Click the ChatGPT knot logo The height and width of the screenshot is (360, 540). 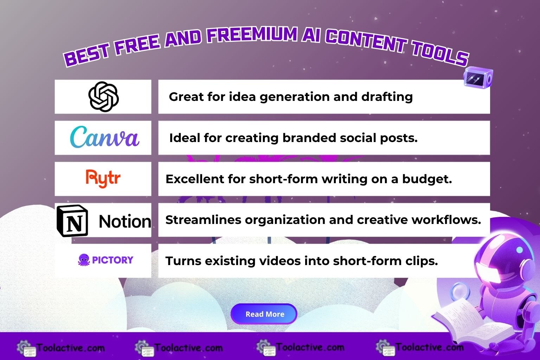coord(103,96)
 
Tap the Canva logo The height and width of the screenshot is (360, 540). coord(104,137)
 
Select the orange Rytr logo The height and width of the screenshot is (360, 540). coord(103,178)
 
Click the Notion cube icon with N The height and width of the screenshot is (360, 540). coord(72,220)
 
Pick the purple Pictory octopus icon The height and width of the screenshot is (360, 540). coord(84,260)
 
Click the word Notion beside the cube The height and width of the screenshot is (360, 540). coord(125,221)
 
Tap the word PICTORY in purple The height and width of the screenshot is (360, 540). coord(112,260)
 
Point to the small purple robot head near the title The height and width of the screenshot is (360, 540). coord(478,77)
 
